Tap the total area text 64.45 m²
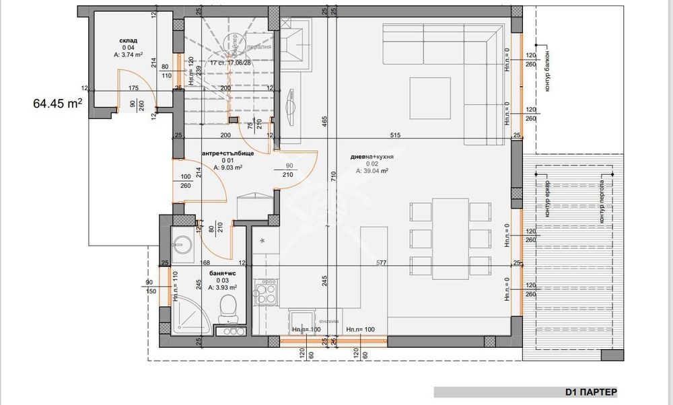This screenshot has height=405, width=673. (x=57, y=104)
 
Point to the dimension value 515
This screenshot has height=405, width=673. (x=395, y=136)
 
